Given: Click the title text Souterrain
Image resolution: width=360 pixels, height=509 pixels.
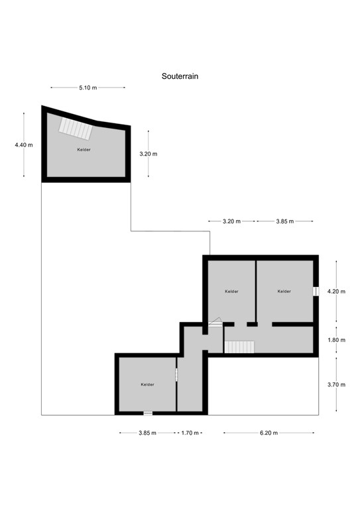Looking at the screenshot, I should tap(180, 76).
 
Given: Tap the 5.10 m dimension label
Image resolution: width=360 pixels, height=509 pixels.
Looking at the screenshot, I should tap(88, 87).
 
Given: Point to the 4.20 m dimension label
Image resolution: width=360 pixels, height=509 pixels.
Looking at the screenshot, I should tap(337, 291).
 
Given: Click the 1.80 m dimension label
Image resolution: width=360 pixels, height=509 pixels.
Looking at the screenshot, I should tap(337, 340).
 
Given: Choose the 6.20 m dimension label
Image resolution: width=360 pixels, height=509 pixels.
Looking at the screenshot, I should tap(269, 433).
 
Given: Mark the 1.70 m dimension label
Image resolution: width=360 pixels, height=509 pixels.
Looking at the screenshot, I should tap(190, 433).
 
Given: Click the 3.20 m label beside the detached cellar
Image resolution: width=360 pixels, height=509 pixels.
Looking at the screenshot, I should tap(148, 154).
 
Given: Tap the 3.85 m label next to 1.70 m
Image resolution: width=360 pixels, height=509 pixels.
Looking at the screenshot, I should tap(147, 433).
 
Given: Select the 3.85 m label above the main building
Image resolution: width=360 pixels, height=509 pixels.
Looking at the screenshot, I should tap(285, 221).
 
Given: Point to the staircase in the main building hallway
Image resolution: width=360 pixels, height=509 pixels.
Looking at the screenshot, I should tap(239, 347).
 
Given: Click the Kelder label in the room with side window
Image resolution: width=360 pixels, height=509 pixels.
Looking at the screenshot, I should tap(284, 292).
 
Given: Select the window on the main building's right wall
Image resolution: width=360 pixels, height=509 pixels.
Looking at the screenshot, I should tap(316, 291).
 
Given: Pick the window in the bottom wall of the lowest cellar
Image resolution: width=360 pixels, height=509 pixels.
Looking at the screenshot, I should tap(148, 414).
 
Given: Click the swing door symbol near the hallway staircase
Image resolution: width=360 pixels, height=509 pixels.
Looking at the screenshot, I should tap(215, 322).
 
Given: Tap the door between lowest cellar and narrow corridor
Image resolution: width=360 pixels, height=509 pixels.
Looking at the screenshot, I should tap(176, 374).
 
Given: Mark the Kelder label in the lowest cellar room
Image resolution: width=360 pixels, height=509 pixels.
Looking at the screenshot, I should tap(147, 384).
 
